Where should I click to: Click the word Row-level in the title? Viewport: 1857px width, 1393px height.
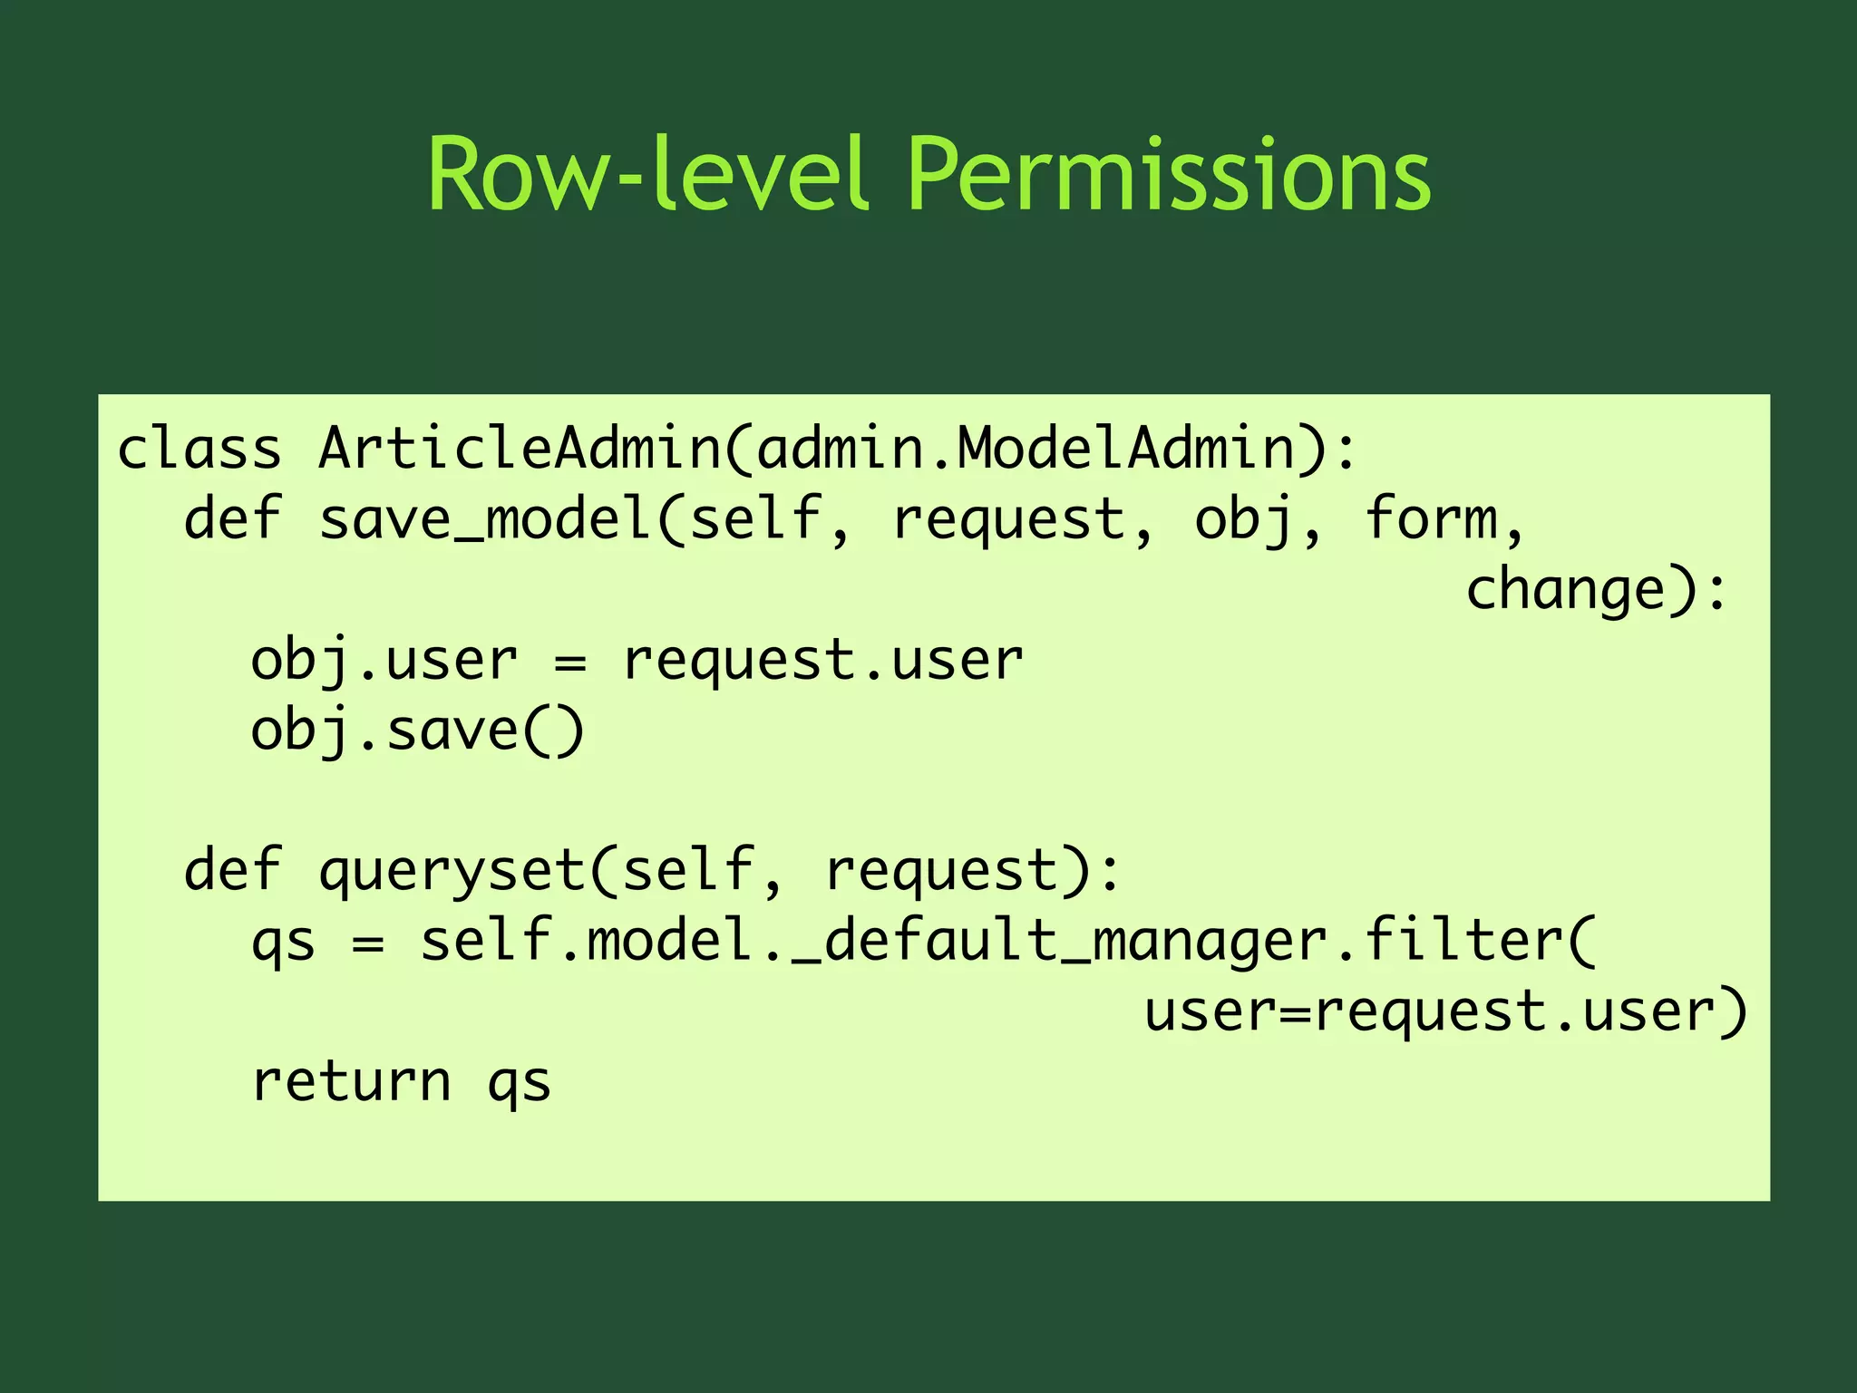pyautogui.click(x=647, y=174)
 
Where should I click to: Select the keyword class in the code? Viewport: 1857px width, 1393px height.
pyautogui.click(x=199, y=449)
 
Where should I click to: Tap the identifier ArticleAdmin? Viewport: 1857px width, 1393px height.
pyautogui.click(x=520, y=449)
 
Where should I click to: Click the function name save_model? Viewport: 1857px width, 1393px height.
pyautogui.click(x=485, y=519)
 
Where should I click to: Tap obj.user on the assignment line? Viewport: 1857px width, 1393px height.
pyautogui.click(x=384, y=661)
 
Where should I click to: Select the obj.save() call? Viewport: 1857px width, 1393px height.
pyautogui.click(x=418, y=731)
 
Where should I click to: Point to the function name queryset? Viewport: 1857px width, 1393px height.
pyautogui.click(x=452, y=871)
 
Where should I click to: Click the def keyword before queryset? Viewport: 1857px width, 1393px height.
pyautogui.click(x=233, y=871)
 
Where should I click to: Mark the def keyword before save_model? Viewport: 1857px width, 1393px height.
pyautogui.click(x=233, y=519)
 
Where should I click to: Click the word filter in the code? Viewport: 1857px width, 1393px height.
pyautogui.click(x=1463, y=942)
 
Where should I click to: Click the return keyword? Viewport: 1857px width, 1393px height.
pyautogui.click(x=351, y=1082)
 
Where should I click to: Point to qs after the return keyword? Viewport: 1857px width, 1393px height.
pyautogui.click(x=519, y=1084)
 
